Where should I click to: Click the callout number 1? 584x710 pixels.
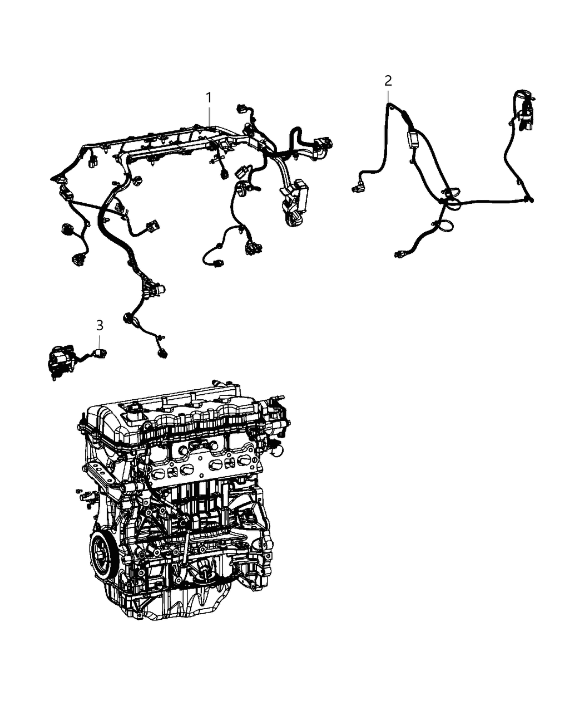pos(209,97)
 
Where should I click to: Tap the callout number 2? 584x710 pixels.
pos(388,80)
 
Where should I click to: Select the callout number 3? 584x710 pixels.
pos(100,324)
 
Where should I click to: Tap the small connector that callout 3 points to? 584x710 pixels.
pos(101,352)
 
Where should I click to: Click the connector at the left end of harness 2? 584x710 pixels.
pos(356,189)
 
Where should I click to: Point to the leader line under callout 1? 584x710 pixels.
pos(209,116)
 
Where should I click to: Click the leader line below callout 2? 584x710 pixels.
pos(388,95)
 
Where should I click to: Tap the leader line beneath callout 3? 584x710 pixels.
pos(100,339)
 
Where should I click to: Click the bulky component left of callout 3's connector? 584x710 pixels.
pos(60,360)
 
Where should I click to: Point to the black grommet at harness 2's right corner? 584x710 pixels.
pos(530,199)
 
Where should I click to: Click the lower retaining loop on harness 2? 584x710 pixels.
pos(446,227)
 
